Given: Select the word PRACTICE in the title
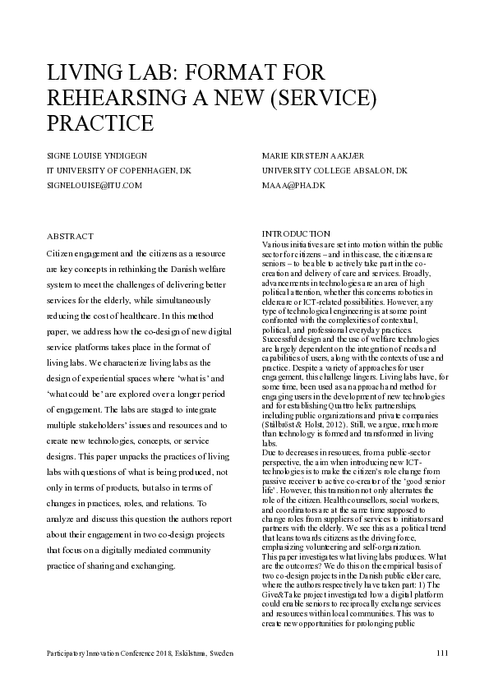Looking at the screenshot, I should coord(99,123).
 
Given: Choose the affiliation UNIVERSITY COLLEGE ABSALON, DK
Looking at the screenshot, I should coord(334,170).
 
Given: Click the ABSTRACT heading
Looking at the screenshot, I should coord(71,236).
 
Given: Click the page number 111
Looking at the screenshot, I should coord(442,652).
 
